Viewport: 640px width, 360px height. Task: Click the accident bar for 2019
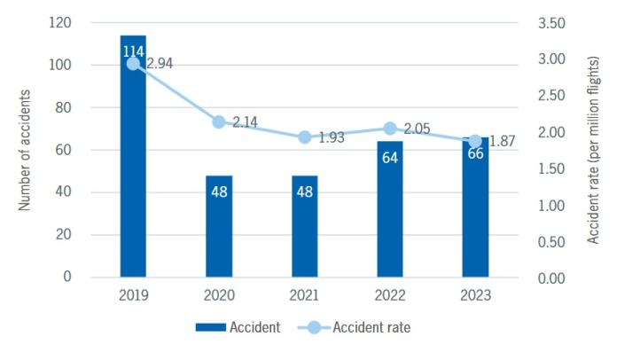[x=133, y=177]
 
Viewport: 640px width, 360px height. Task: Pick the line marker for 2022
[x=390, y=129]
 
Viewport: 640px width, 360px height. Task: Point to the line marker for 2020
[x=219, y=122]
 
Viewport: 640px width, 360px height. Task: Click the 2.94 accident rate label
[x=160, y=64]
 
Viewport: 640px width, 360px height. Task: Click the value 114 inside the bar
[x=133, y=52]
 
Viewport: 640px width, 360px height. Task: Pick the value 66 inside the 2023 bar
[x=476, y=154]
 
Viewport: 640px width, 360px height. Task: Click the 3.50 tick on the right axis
[x=551, y=23]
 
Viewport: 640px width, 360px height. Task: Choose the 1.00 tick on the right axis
[x=551, y=205]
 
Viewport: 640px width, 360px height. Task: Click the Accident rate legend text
[x=371, y=327]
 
